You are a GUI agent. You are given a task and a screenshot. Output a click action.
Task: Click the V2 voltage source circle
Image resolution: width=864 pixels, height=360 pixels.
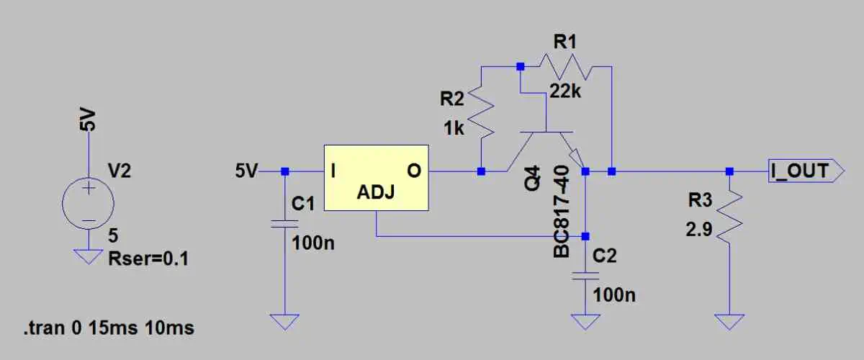88,204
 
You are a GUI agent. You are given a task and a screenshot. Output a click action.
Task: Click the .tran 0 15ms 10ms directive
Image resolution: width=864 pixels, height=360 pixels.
108,328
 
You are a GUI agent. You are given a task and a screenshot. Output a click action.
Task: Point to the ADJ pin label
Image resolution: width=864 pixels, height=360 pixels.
375,194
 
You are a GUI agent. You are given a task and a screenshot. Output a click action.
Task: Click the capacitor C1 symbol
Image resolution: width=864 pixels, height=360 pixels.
285,223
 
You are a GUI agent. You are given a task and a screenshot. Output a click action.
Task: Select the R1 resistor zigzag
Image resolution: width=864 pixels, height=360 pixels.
566,68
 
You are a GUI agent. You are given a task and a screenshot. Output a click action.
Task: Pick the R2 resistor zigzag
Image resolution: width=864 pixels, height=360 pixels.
481,114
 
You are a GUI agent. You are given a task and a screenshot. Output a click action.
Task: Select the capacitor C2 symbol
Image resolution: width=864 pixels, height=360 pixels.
585,276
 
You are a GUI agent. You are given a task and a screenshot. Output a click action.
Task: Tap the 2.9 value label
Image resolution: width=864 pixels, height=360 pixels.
701,230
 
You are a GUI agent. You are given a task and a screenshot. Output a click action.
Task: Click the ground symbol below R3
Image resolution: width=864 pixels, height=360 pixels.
729,321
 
